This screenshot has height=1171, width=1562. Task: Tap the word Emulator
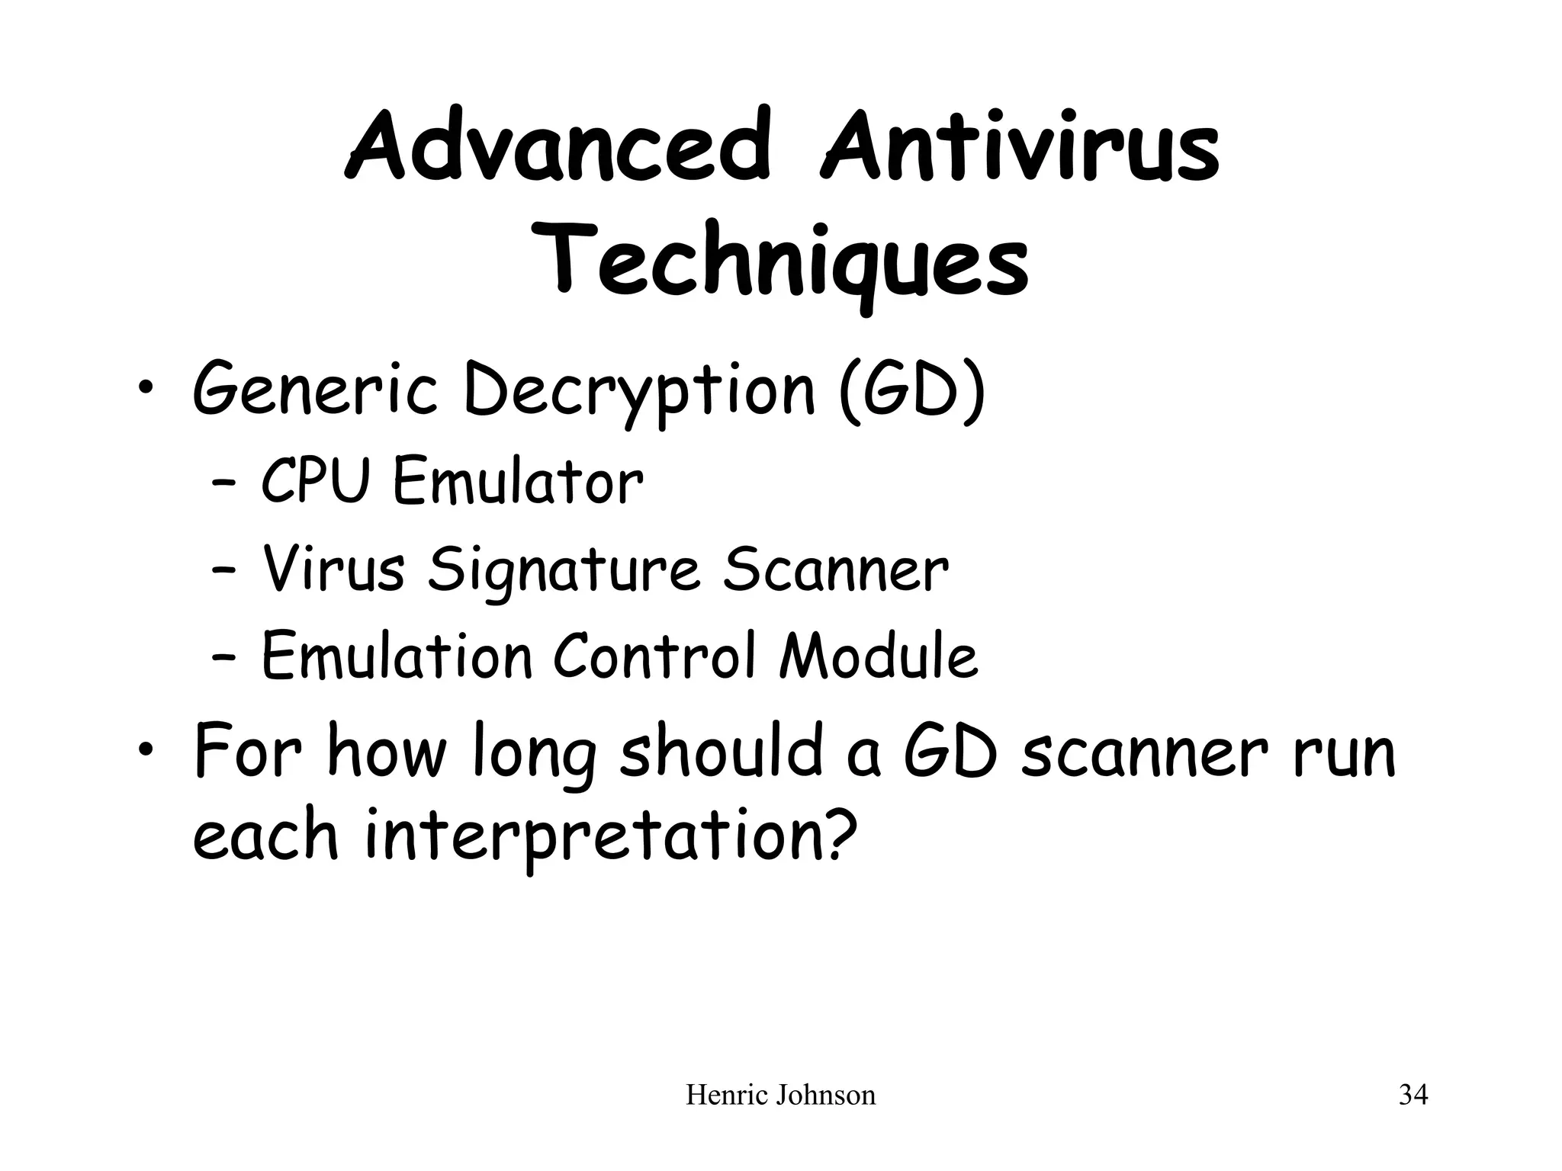point(518,482)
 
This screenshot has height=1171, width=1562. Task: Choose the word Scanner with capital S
point(835,569)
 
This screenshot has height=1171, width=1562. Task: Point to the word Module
point(878,656)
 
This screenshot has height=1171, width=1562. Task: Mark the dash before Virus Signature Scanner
point(222,572)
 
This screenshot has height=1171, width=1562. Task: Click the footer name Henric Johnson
point(780,1096)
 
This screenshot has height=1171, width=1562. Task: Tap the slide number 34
point(1413,1096)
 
